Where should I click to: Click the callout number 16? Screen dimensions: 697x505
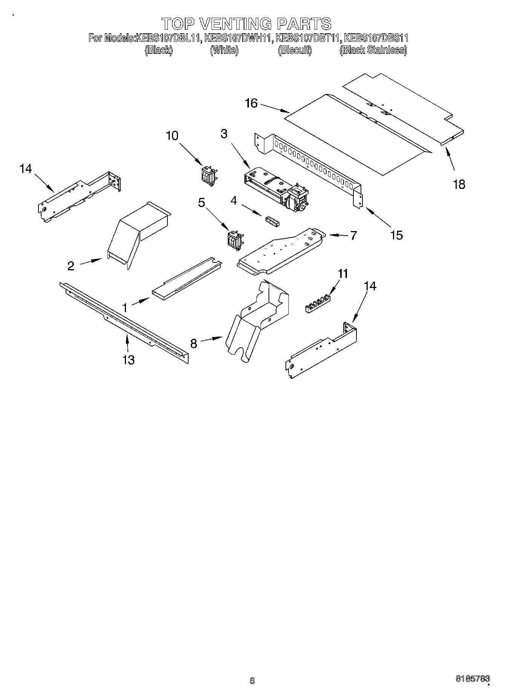[251, 103]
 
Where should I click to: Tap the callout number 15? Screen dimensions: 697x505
[396, 235]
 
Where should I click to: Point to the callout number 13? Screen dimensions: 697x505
[128, 360]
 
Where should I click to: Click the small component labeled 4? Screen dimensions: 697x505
[272, 221]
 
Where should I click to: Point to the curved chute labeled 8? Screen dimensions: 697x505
[256, 317]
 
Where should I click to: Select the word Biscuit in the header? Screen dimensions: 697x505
[295, 50]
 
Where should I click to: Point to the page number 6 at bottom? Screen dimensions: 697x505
[252, 680]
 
